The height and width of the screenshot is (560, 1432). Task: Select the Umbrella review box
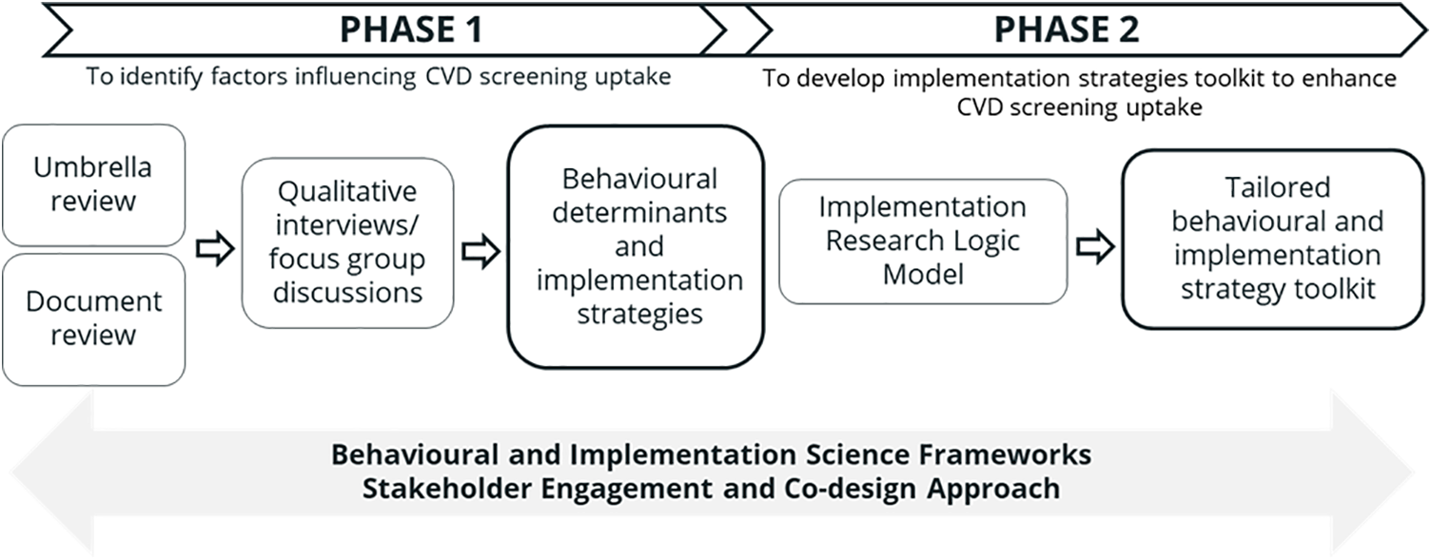[93, 184]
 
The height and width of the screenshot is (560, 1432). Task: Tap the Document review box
[93, 319]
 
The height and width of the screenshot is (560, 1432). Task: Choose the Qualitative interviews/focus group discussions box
[347, 241]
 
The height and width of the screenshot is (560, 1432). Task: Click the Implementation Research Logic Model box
[922, 241]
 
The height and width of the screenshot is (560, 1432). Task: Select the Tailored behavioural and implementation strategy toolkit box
[1277, 238]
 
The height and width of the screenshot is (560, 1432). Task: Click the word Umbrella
[92, 167]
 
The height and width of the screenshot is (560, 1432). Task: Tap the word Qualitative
[347, 191]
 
